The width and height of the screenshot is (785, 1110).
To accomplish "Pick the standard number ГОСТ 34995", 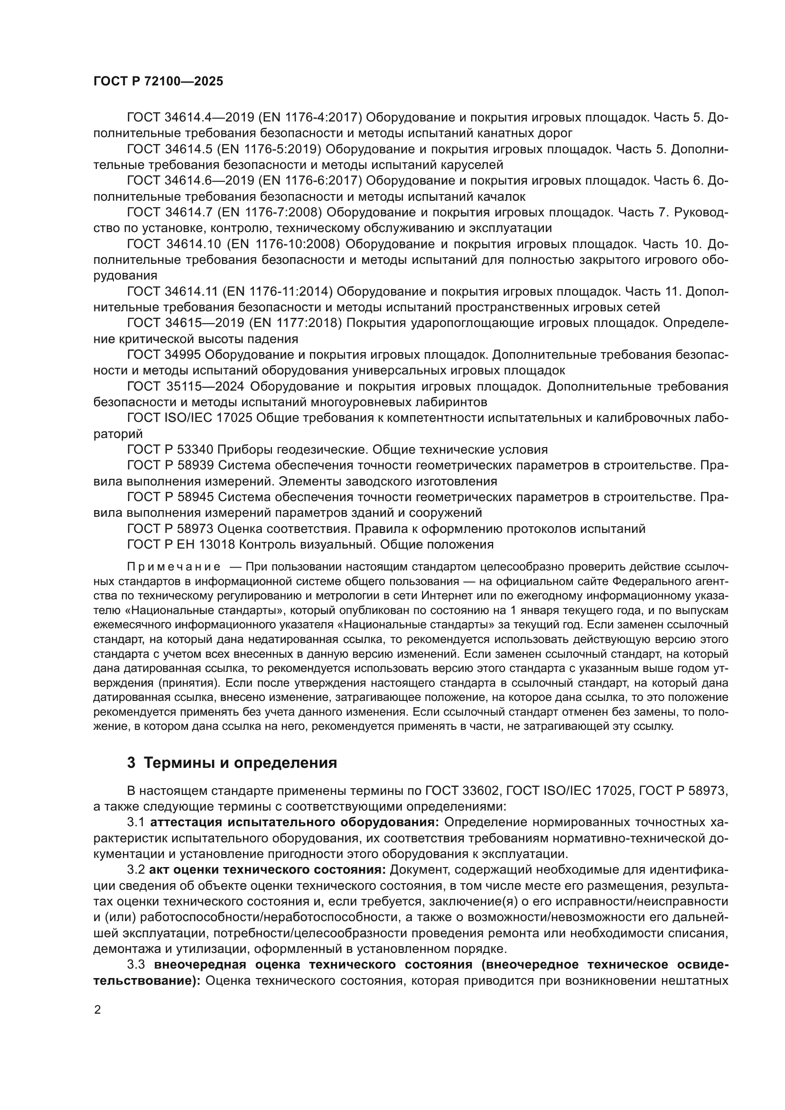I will pyautogui.click(x=164, y=355).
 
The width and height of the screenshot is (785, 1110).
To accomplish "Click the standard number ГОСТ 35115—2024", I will pyautogui.click(x=186, y=386).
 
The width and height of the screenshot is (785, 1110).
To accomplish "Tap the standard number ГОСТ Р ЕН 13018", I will pyautogui.click(x=181, y=544).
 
